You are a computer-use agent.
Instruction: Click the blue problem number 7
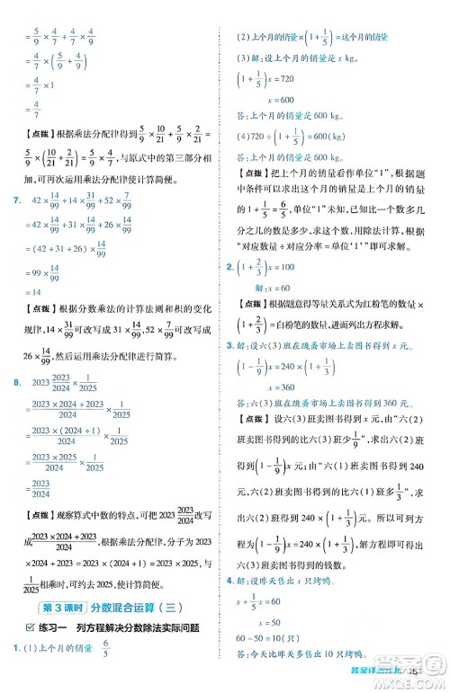point(10,200)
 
